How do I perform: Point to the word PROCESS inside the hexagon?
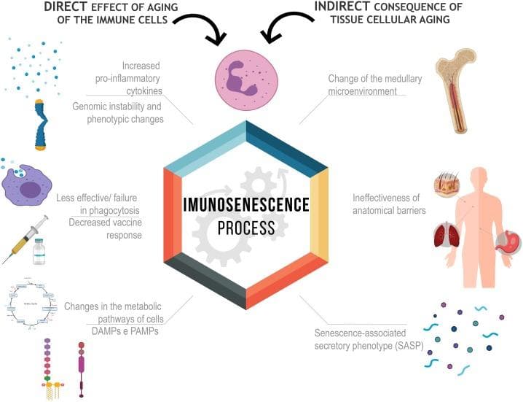[246, 228]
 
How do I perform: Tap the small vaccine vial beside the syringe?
[39, 252]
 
